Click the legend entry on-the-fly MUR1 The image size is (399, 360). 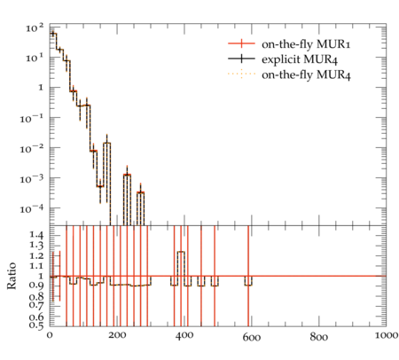306,44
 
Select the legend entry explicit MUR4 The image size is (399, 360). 300,59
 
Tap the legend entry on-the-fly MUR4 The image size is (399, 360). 306,74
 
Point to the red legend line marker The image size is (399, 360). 241,43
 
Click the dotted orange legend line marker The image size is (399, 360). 241,74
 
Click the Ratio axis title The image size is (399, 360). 12,276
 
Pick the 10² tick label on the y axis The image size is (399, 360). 35,28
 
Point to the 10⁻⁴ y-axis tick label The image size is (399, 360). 31,209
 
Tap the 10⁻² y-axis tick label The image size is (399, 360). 31,149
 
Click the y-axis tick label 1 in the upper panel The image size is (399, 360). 41,88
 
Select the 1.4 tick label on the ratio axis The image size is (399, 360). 37,236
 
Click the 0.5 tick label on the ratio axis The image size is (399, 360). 37,325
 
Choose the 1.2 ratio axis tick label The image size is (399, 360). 37,256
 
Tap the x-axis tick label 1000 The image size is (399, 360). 387,335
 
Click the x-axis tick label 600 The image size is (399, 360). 252,337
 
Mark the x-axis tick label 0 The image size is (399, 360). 50,335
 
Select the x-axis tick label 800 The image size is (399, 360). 319,337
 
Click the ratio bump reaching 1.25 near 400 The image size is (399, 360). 181,252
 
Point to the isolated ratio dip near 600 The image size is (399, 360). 248,286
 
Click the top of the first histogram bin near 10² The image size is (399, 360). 53,34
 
